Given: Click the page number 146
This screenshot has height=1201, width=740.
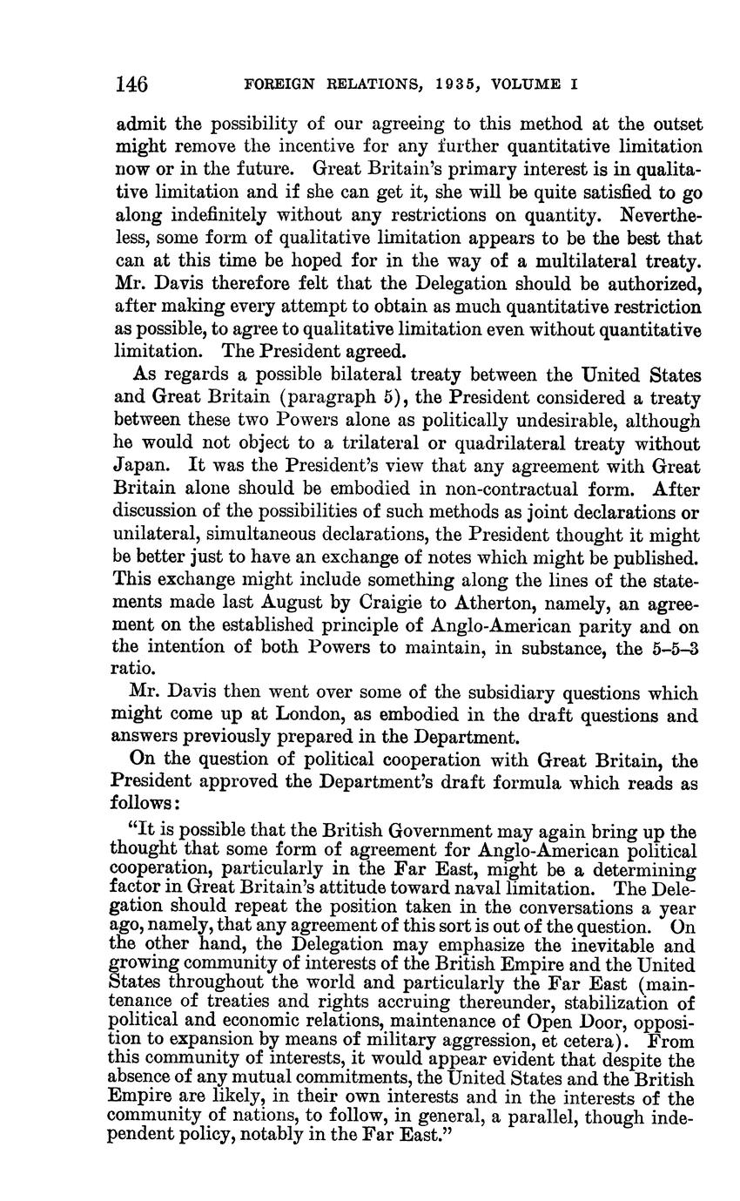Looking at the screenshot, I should point(131,84).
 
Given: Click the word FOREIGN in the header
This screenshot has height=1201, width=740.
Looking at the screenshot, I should point(276,85).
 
